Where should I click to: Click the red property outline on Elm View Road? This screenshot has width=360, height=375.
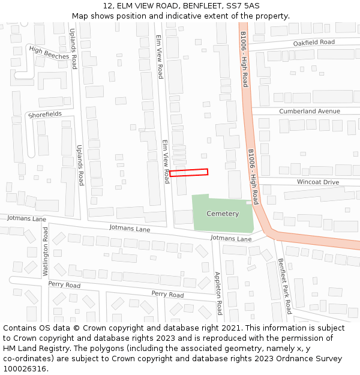[188, 173]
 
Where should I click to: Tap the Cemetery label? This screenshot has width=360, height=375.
[222, 214]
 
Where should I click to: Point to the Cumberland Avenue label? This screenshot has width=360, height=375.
[309, 112]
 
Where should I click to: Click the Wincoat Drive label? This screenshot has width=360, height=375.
[317, 182]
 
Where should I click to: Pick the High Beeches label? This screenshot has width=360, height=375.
[49, 53]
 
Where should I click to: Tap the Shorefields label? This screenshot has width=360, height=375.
[44, 114]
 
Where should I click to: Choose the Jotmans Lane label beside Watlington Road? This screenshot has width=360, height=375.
[26, 219]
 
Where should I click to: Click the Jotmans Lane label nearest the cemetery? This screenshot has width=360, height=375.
[231, 239]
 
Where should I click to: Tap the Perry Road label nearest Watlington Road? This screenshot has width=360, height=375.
[64, 284]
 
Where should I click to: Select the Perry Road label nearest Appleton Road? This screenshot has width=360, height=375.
[167, 294]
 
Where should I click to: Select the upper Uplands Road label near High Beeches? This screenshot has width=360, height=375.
[73, 49]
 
